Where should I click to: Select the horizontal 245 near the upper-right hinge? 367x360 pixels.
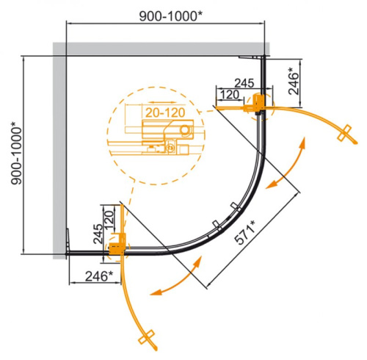(x=242, y=83)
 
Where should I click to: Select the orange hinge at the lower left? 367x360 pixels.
(x=115, y=251)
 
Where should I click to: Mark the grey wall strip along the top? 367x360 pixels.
(x=161, y=48)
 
